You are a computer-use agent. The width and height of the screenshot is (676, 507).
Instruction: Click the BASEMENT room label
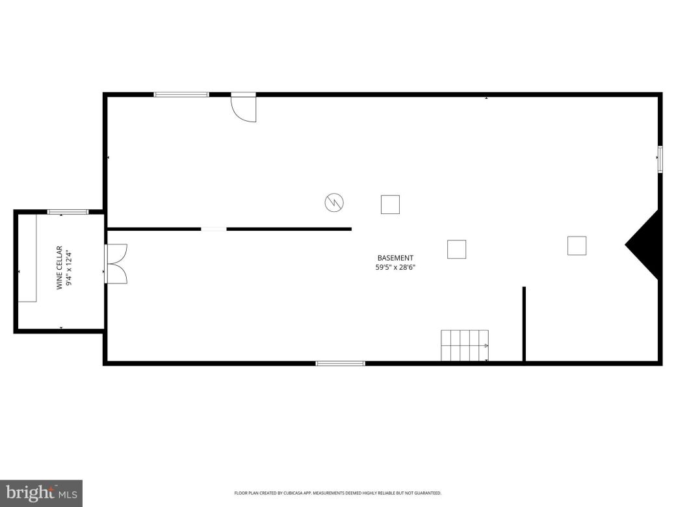point(395,258)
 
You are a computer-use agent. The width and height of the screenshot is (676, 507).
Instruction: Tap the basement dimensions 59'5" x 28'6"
point(395,267)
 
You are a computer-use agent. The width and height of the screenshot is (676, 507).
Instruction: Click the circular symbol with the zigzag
point(334,203)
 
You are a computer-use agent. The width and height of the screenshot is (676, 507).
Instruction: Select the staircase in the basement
point(464,345)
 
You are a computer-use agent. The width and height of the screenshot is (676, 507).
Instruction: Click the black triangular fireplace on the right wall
point(647,245)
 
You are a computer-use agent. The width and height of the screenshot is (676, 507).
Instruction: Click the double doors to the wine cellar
point(117,263)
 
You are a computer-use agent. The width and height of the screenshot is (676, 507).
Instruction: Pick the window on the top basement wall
point(181,95)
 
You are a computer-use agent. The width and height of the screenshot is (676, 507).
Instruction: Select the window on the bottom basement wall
point(340,363)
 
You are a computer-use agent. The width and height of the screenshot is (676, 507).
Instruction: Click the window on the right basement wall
point(660,159)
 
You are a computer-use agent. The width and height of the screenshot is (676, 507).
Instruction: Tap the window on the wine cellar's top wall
point(68,212)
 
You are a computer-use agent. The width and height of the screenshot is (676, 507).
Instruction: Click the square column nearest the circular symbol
point(390,204)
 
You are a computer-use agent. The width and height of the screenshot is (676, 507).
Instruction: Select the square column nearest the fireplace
point(577,245)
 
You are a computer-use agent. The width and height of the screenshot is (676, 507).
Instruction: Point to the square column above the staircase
point(456,249)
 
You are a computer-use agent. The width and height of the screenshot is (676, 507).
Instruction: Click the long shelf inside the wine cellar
point(27,258)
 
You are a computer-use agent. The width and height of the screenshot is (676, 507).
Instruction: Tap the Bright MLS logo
point(41,493)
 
